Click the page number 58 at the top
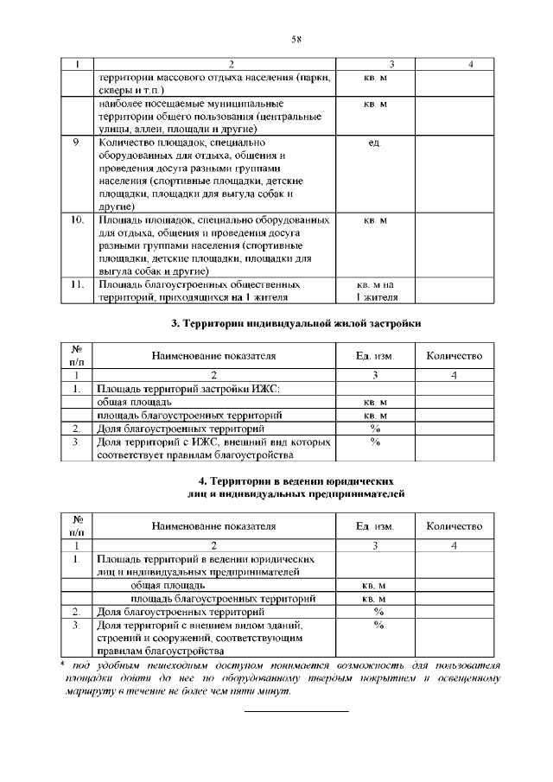[x=295, y=39]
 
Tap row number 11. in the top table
[x=78, y=283]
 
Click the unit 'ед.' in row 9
[x=375, y=143]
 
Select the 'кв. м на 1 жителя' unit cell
[x=375, y=290]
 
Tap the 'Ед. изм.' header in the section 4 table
[x=375, y=525]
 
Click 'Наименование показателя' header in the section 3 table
[x=214, y=356]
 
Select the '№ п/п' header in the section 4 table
[x=78, y=525]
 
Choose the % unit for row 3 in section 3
[x=375, y=442]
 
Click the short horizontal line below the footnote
[x=297, y=710]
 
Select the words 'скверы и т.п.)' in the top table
[x=138, y=89]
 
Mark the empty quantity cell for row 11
[x=454, y=290]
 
